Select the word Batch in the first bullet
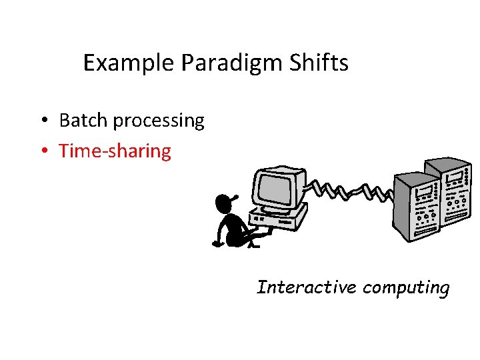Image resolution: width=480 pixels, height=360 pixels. pyautogui.click(x=83, y=121)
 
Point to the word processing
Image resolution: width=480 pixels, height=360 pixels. pyautogui.click(x=159, y=121)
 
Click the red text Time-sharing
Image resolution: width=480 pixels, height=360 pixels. pyautogui.click(x=115, y=151)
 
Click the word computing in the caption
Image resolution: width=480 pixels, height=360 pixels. pyautogui.click(x=407, y=288)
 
